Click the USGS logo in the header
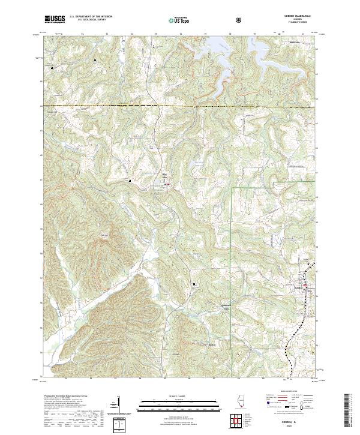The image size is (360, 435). point(55,20)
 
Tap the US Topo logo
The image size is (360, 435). point(179,20)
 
